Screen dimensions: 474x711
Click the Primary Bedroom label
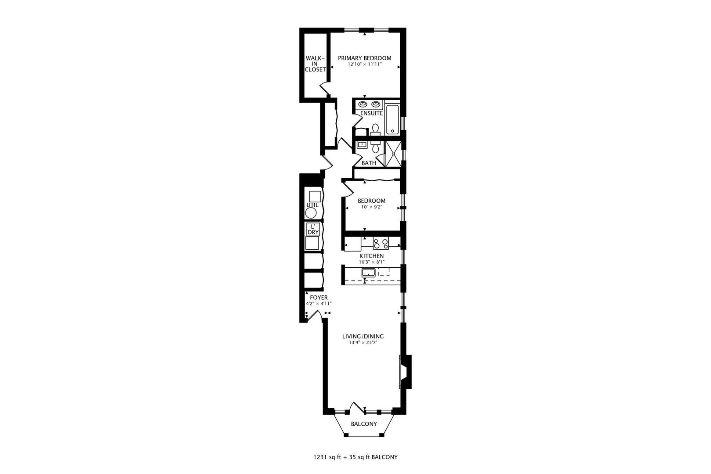(364, 58)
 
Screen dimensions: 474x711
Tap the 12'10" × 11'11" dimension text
(364, 65)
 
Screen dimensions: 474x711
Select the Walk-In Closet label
(315, 64)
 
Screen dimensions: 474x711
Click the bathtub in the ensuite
(392, 119)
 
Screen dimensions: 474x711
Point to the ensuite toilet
(375, 129)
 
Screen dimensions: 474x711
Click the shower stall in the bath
(393, 154)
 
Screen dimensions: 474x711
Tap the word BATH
(368, 163)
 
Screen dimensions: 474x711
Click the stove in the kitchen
(381, 242)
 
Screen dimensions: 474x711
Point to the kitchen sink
(368, 273)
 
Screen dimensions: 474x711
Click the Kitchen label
(372, 256)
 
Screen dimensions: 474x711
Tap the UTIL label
(312, 205)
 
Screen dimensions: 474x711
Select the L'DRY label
(313, 229)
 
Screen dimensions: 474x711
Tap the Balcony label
(363, 424)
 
